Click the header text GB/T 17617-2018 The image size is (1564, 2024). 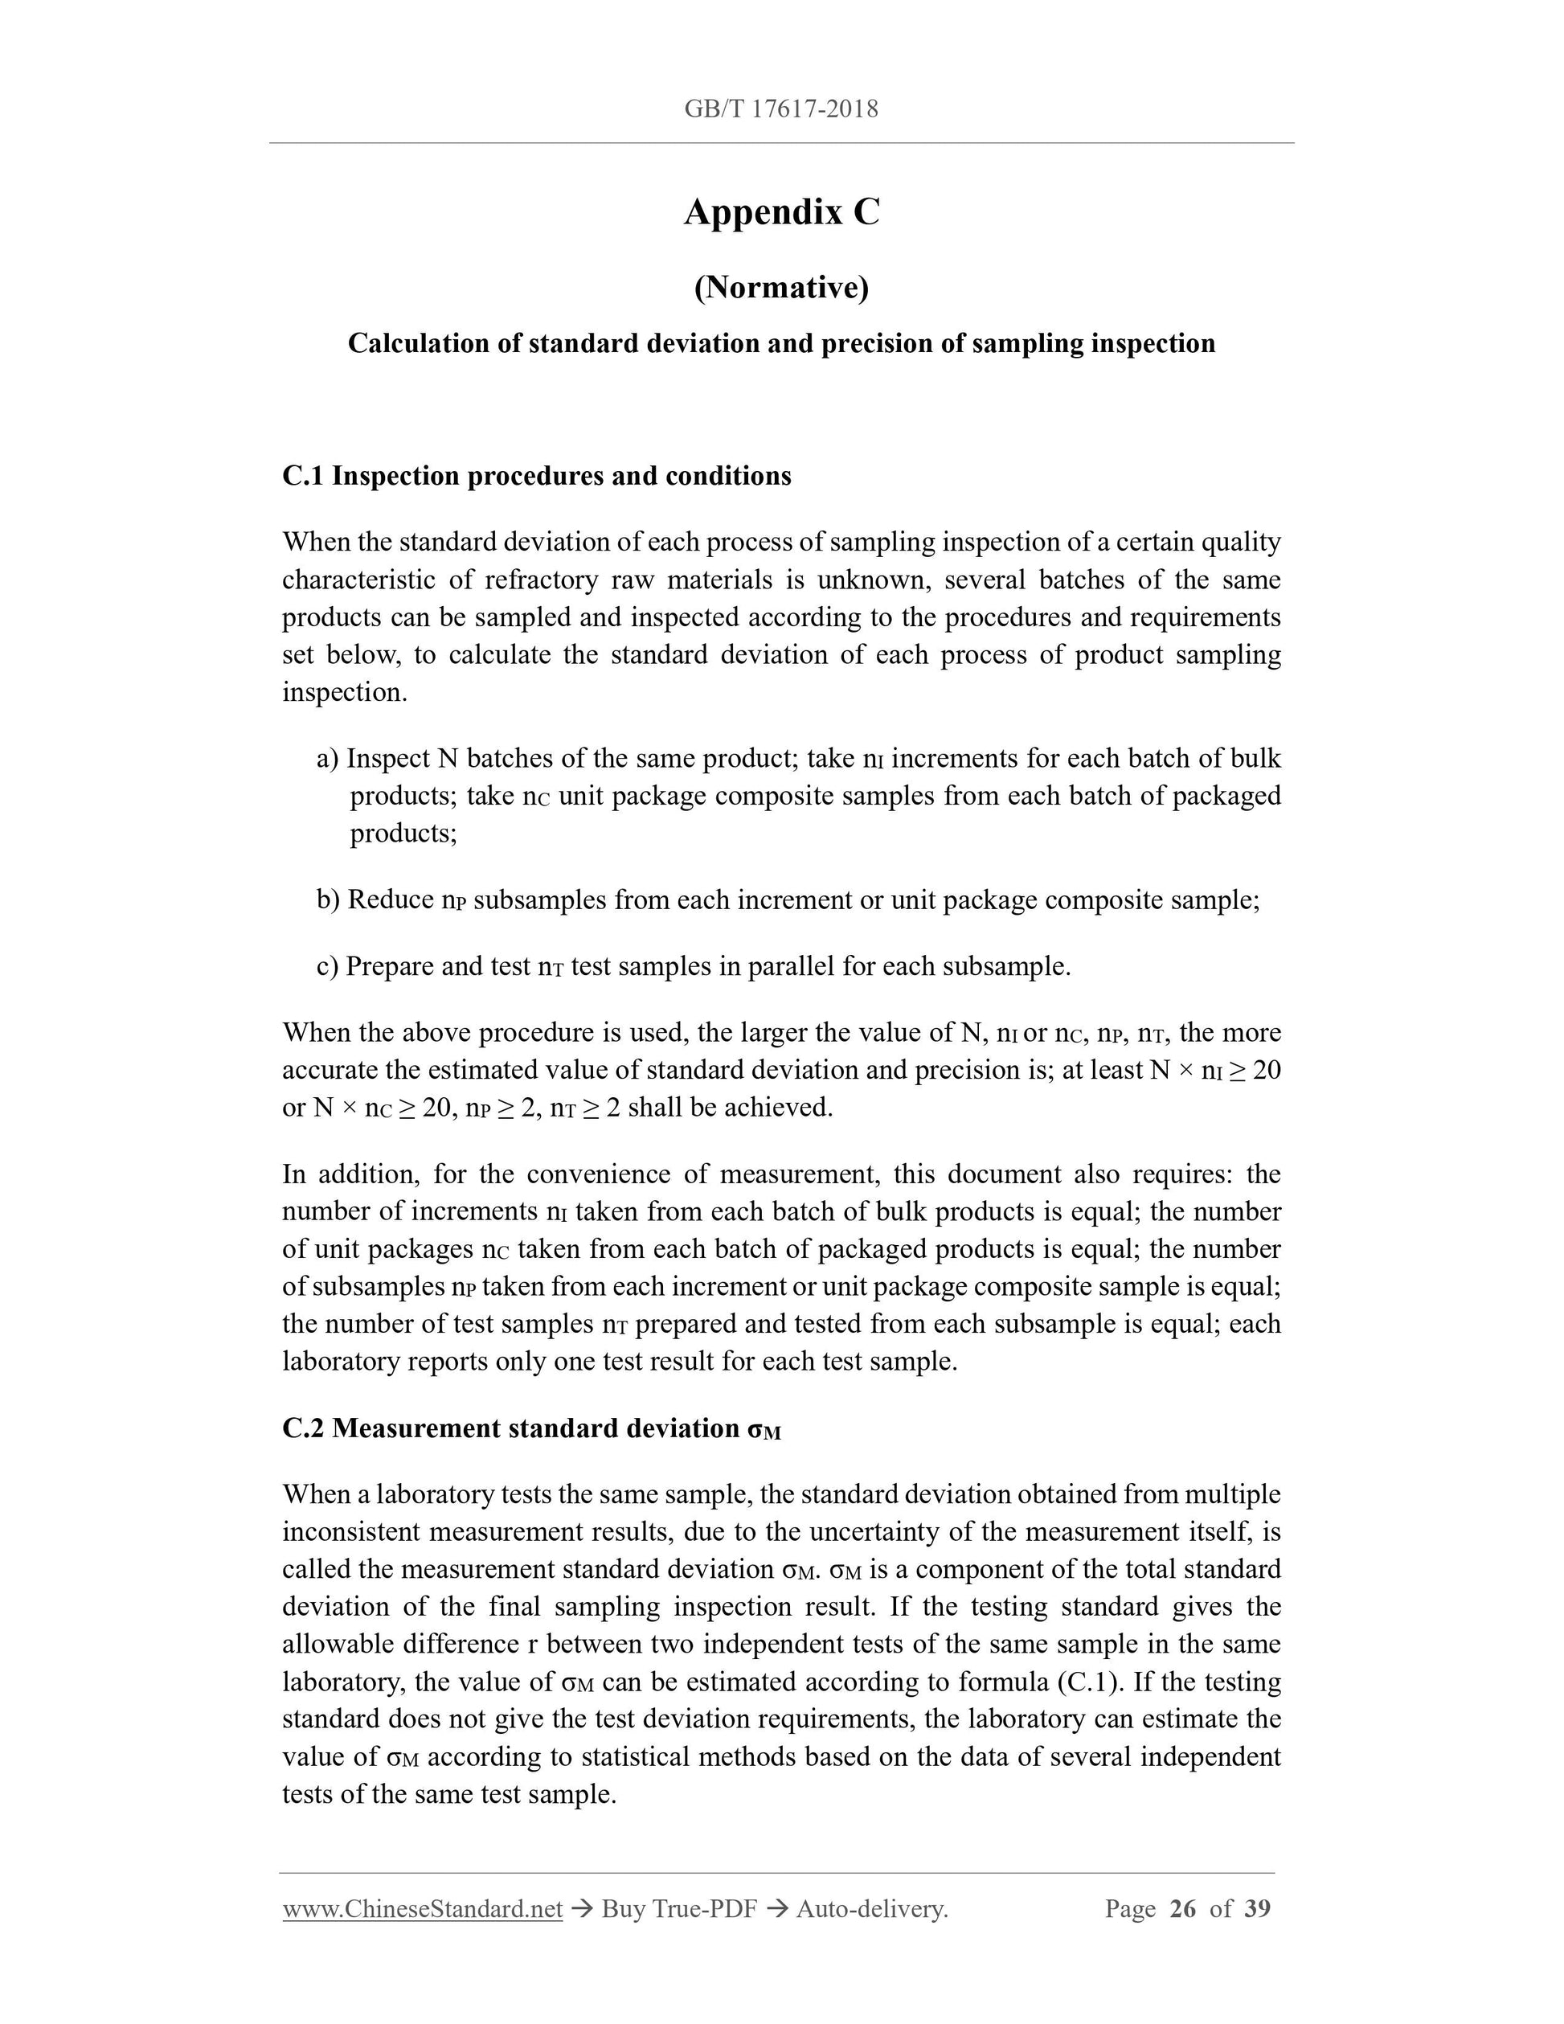point(781,109)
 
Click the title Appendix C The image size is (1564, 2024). point(781,212)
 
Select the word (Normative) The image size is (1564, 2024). point(781,289)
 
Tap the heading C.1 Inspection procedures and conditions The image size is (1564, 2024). point(536,477)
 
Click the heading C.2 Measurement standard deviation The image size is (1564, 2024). point(531,1428)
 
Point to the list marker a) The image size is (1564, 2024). point(328,759)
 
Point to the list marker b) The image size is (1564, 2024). point(328,899)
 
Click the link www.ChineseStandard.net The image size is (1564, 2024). point(423,1909)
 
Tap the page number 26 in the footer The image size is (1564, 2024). point(1183,1909)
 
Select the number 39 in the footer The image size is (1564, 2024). point(1257,1909)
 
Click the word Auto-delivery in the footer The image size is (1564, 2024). point(871,1909)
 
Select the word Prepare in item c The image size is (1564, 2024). point(390,967)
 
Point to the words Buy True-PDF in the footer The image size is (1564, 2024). point(679,1909)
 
